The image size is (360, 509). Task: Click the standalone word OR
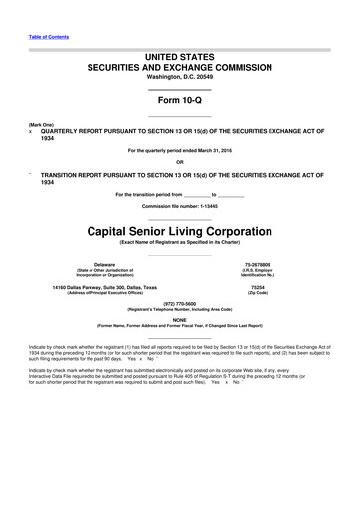179,162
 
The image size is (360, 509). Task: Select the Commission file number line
179,206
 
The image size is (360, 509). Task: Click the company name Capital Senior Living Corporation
179,228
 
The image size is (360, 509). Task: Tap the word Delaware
104,265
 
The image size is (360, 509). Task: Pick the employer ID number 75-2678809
258,265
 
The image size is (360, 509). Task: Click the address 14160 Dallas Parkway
104,288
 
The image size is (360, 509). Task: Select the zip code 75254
258,288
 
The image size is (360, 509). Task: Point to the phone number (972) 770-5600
179,304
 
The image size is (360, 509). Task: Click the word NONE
179,319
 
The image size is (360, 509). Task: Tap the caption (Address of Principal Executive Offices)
104,294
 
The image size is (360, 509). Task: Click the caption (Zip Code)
258,294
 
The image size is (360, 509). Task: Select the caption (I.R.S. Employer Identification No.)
258,273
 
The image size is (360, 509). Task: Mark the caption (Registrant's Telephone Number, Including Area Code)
179,310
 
